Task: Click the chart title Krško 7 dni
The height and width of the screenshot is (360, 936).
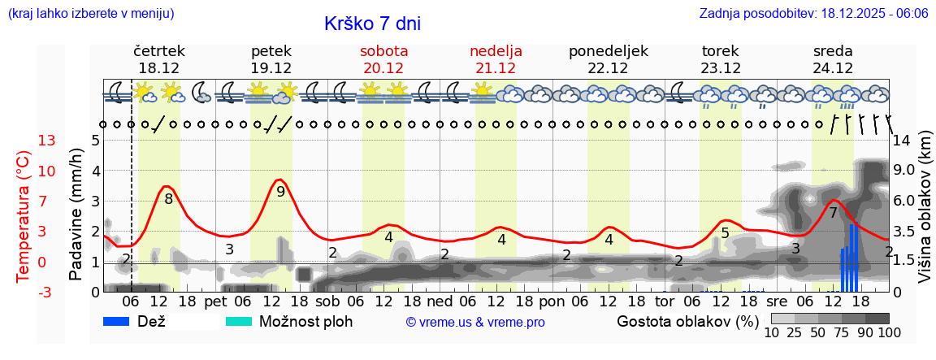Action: point(372,24)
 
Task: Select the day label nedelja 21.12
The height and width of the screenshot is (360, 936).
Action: point(496,59)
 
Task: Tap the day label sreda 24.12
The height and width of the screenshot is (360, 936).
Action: point(833,59)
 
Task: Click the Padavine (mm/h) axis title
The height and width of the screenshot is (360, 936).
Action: point(76,215)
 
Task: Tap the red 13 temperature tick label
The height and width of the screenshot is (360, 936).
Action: point(47,141)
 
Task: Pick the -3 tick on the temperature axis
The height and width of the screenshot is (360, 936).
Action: point(47,293)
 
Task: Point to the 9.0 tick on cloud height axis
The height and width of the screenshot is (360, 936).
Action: point(904,171)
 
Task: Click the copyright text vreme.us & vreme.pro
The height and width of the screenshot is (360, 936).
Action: point(475,323)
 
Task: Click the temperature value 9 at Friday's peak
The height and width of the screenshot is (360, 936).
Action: point(281,192)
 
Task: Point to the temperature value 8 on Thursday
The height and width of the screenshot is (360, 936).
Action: point(168,198)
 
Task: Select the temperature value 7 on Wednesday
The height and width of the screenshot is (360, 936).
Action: point(833,213)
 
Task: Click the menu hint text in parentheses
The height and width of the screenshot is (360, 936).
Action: point(90,14)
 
